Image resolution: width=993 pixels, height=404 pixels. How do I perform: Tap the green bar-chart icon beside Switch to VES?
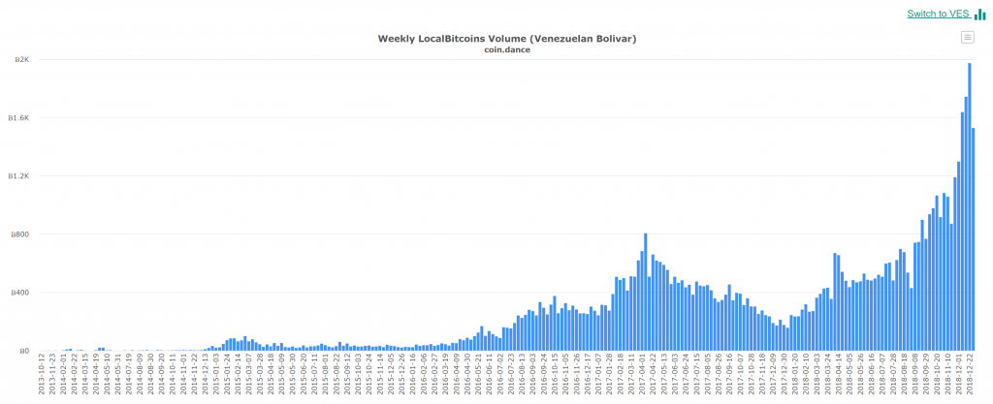tap(980, 14)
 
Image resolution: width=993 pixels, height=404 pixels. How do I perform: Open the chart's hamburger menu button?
tap(967, 37)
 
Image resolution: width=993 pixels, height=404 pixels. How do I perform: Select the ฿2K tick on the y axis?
tap(20, 60)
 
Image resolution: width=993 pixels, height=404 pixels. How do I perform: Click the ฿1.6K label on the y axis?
tap(18, 118)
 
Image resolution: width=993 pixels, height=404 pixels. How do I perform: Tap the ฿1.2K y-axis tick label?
tap(18, 176)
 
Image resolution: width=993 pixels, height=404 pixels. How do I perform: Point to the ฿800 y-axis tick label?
tap(20, 234)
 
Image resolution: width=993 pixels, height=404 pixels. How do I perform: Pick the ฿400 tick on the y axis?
tap(20, 293)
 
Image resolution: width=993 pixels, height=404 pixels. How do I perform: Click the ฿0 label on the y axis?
tap(24, 351)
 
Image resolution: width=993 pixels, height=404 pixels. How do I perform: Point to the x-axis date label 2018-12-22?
tap(973, 376)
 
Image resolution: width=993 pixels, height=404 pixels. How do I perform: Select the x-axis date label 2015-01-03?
tap(217, 376)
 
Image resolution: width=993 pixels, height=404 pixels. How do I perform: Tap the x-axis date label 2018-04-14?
tap(843, 376)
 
